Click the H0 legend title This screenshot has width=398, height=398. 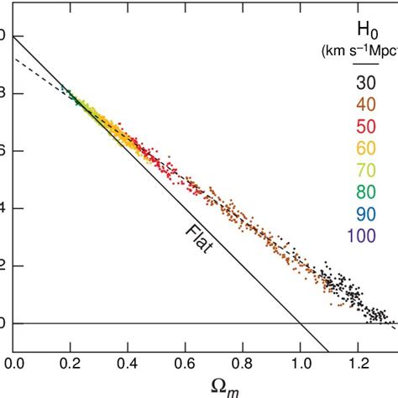(364, 37)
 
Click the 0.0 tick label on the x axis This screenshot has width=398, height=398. (15, 365)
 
